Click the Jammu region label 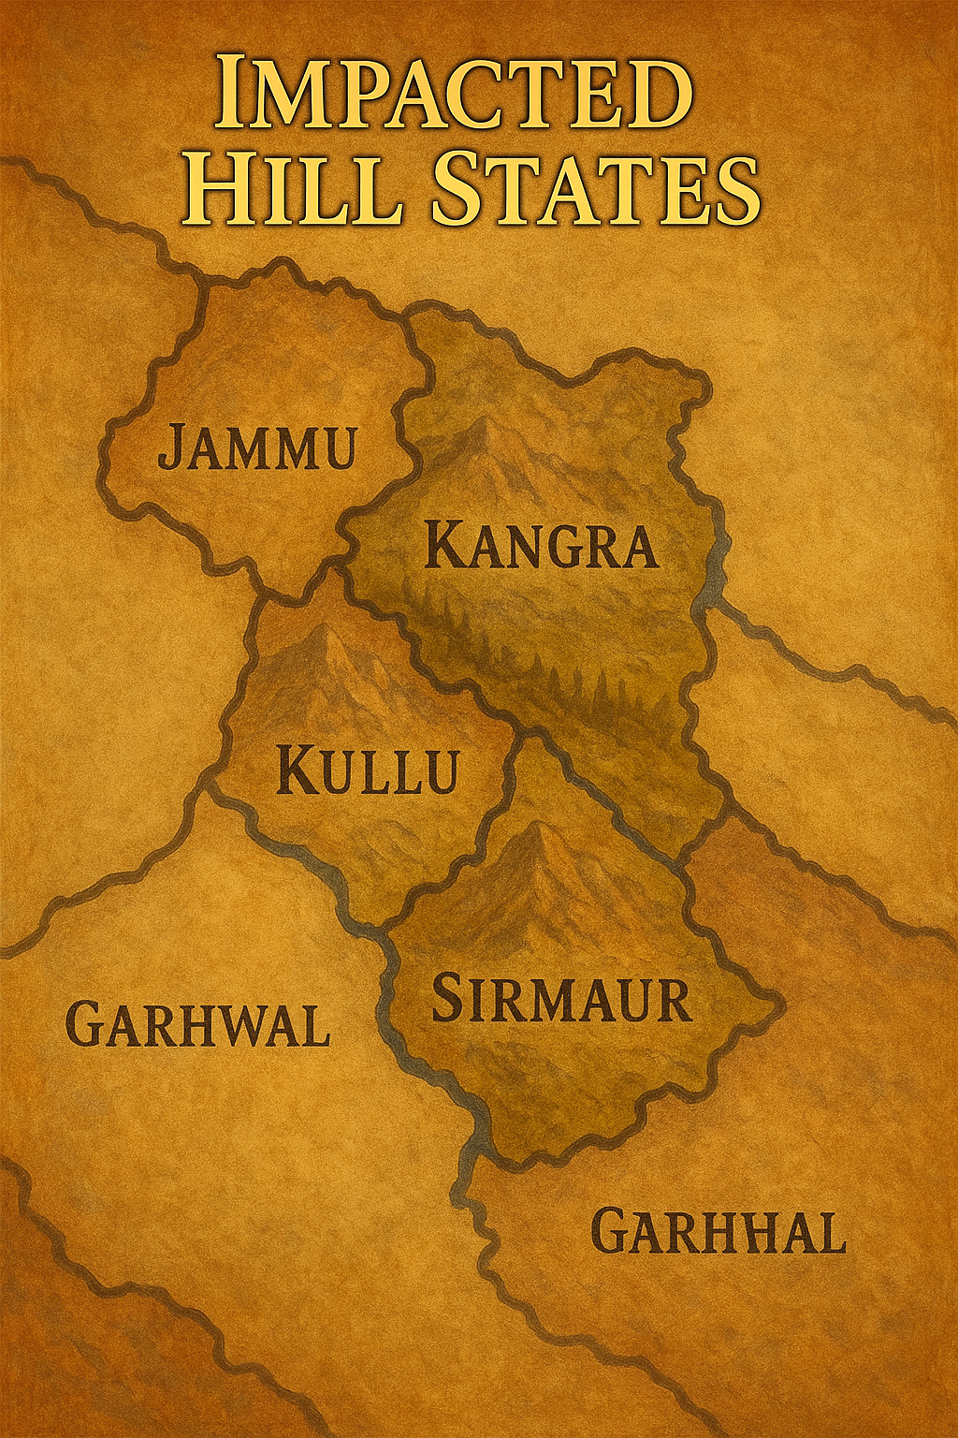pos(257,448)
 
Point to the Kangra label pos(542,546)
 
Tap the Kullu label pos(369,772)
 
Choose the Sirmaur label pos(560,999)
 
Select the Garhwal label pos(199,1024)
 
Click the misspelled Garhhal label pos(718,1232)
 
